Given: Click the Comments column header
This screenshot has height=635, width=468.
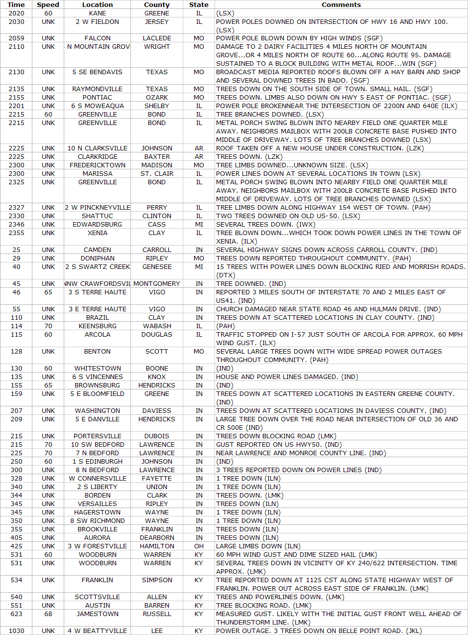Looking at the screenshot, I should pos(341,4).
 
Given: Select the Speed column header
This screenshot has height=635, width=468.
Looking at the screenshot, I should pos(48,4).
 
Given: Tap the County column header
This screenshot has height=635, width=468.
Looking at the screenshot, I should pos(157,4).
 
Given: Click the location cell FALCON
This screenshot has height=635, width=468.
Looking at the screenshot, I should pos(98,38).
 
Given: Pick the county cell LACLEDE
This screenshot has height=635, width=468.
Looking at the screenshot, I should pos(157,38).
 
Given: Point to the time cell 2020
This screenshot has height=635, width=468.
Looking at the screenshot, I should pos(16,13).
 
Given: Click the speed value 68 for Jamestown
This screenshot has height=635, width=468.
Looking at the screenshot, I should pos(48,614).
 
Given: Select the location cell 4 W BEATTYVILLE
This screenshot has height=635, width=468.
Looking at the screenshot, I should pos(98,631).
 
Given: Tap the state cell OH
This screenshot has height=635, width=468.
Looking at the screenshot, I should pos(199,546).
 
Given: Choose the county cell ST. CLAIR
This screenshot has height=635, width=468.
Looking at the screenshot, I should pos(157,174).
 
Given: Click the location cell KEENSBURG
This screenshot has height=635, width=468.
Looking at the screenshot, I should pos(98,326).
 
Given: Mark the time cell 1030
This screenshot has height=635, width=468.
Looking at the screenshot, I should pos(16,631).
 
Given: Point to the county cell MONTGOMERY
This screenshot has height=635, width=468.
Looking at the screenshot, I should pos(157,284).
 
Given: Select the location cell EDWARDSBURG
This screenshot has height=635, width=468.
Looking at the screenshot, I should pos(98,225).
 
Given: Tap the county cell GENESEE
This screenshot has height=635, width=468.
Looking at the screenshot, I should pos(157,267).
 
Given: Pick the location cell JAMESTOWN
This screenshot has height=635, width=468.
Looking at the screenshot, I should pos(98,614).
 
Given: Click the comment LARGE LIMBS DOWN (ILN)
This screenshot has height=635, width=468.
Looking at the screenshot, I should pos(258,546).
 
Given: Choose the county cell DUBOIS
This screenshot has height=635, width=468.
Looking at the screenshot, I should pos(157,436).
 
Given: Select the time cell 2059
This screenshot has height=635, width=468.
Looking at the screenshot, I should pos(16,38).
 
